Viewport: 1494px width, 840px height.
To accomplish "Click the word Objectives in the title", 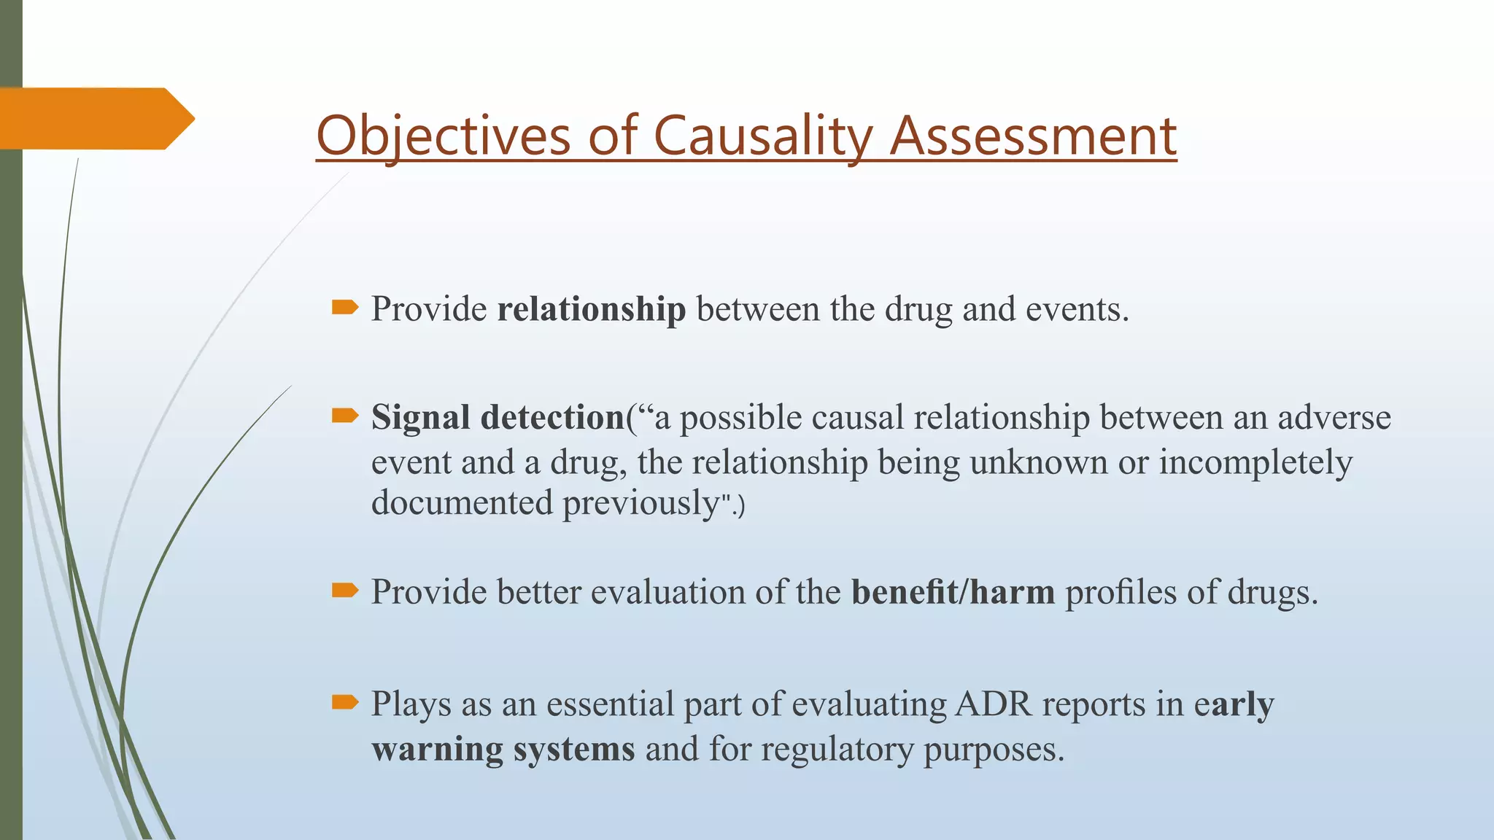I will click(443, 136).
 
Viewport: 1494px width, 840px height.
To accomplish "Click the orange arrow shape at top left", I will click(95, 118).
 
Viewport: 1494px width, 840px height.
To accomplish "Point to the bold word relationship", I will click(591, 309).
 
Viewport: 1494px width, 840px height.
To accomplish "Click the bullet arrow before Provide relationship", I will click(344, 307).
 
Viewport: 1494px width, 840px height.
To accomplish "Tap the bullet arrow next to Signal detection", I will click(344, 416).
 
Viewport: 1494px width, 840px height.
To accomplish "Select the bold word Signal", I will click(420, 418).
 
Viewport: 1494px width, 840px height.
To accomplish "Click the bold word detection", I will click(552, 418).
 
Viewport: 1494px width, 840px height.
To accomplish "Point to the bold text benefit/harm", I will click(953, 592).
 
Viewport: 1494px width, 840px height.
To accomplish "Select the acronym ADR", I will click(994, 704).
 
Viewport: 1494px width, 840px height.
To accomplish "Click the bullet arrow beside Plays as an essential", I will click(344, 701).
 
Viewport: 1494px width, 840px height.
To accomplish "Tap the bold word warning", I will click(437, 750).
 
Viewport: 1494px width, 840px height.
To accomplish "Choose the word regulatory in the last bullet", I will click(837, 750).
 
